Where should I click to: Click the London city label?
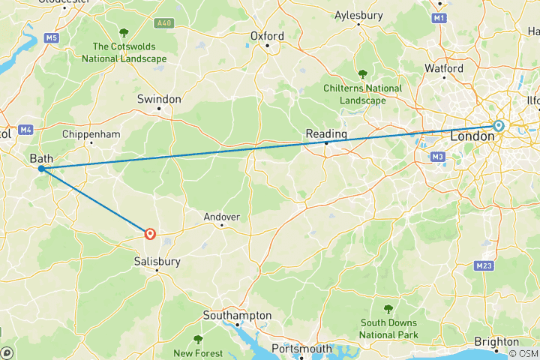(x=472, y=137)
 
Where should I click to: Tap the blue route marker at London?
(x=498, y=126)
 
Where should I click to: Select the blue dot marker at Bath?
(x=40, y=169)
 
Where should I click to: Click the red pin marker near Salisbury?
(x=150, y=234)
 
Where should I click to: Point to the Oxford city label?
(x=267, y=36)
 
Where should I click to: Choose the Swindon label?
(x=159, y=99)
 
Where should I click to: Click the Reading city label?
(x=326, y=133)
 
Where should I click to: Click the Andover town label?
(x=222, y=217)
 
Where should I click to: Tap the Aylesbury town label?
(x=358, y=14)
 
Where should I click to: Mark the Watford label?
(x=443, y=68)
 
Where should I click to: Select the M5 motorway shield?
(x=51, y=37)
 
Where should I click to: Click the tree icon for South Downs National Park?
(x=388, y=309)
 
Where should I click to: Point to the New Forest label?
(x=198, y=352)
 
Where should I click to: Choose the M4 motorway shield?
(x=26, y=130)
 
